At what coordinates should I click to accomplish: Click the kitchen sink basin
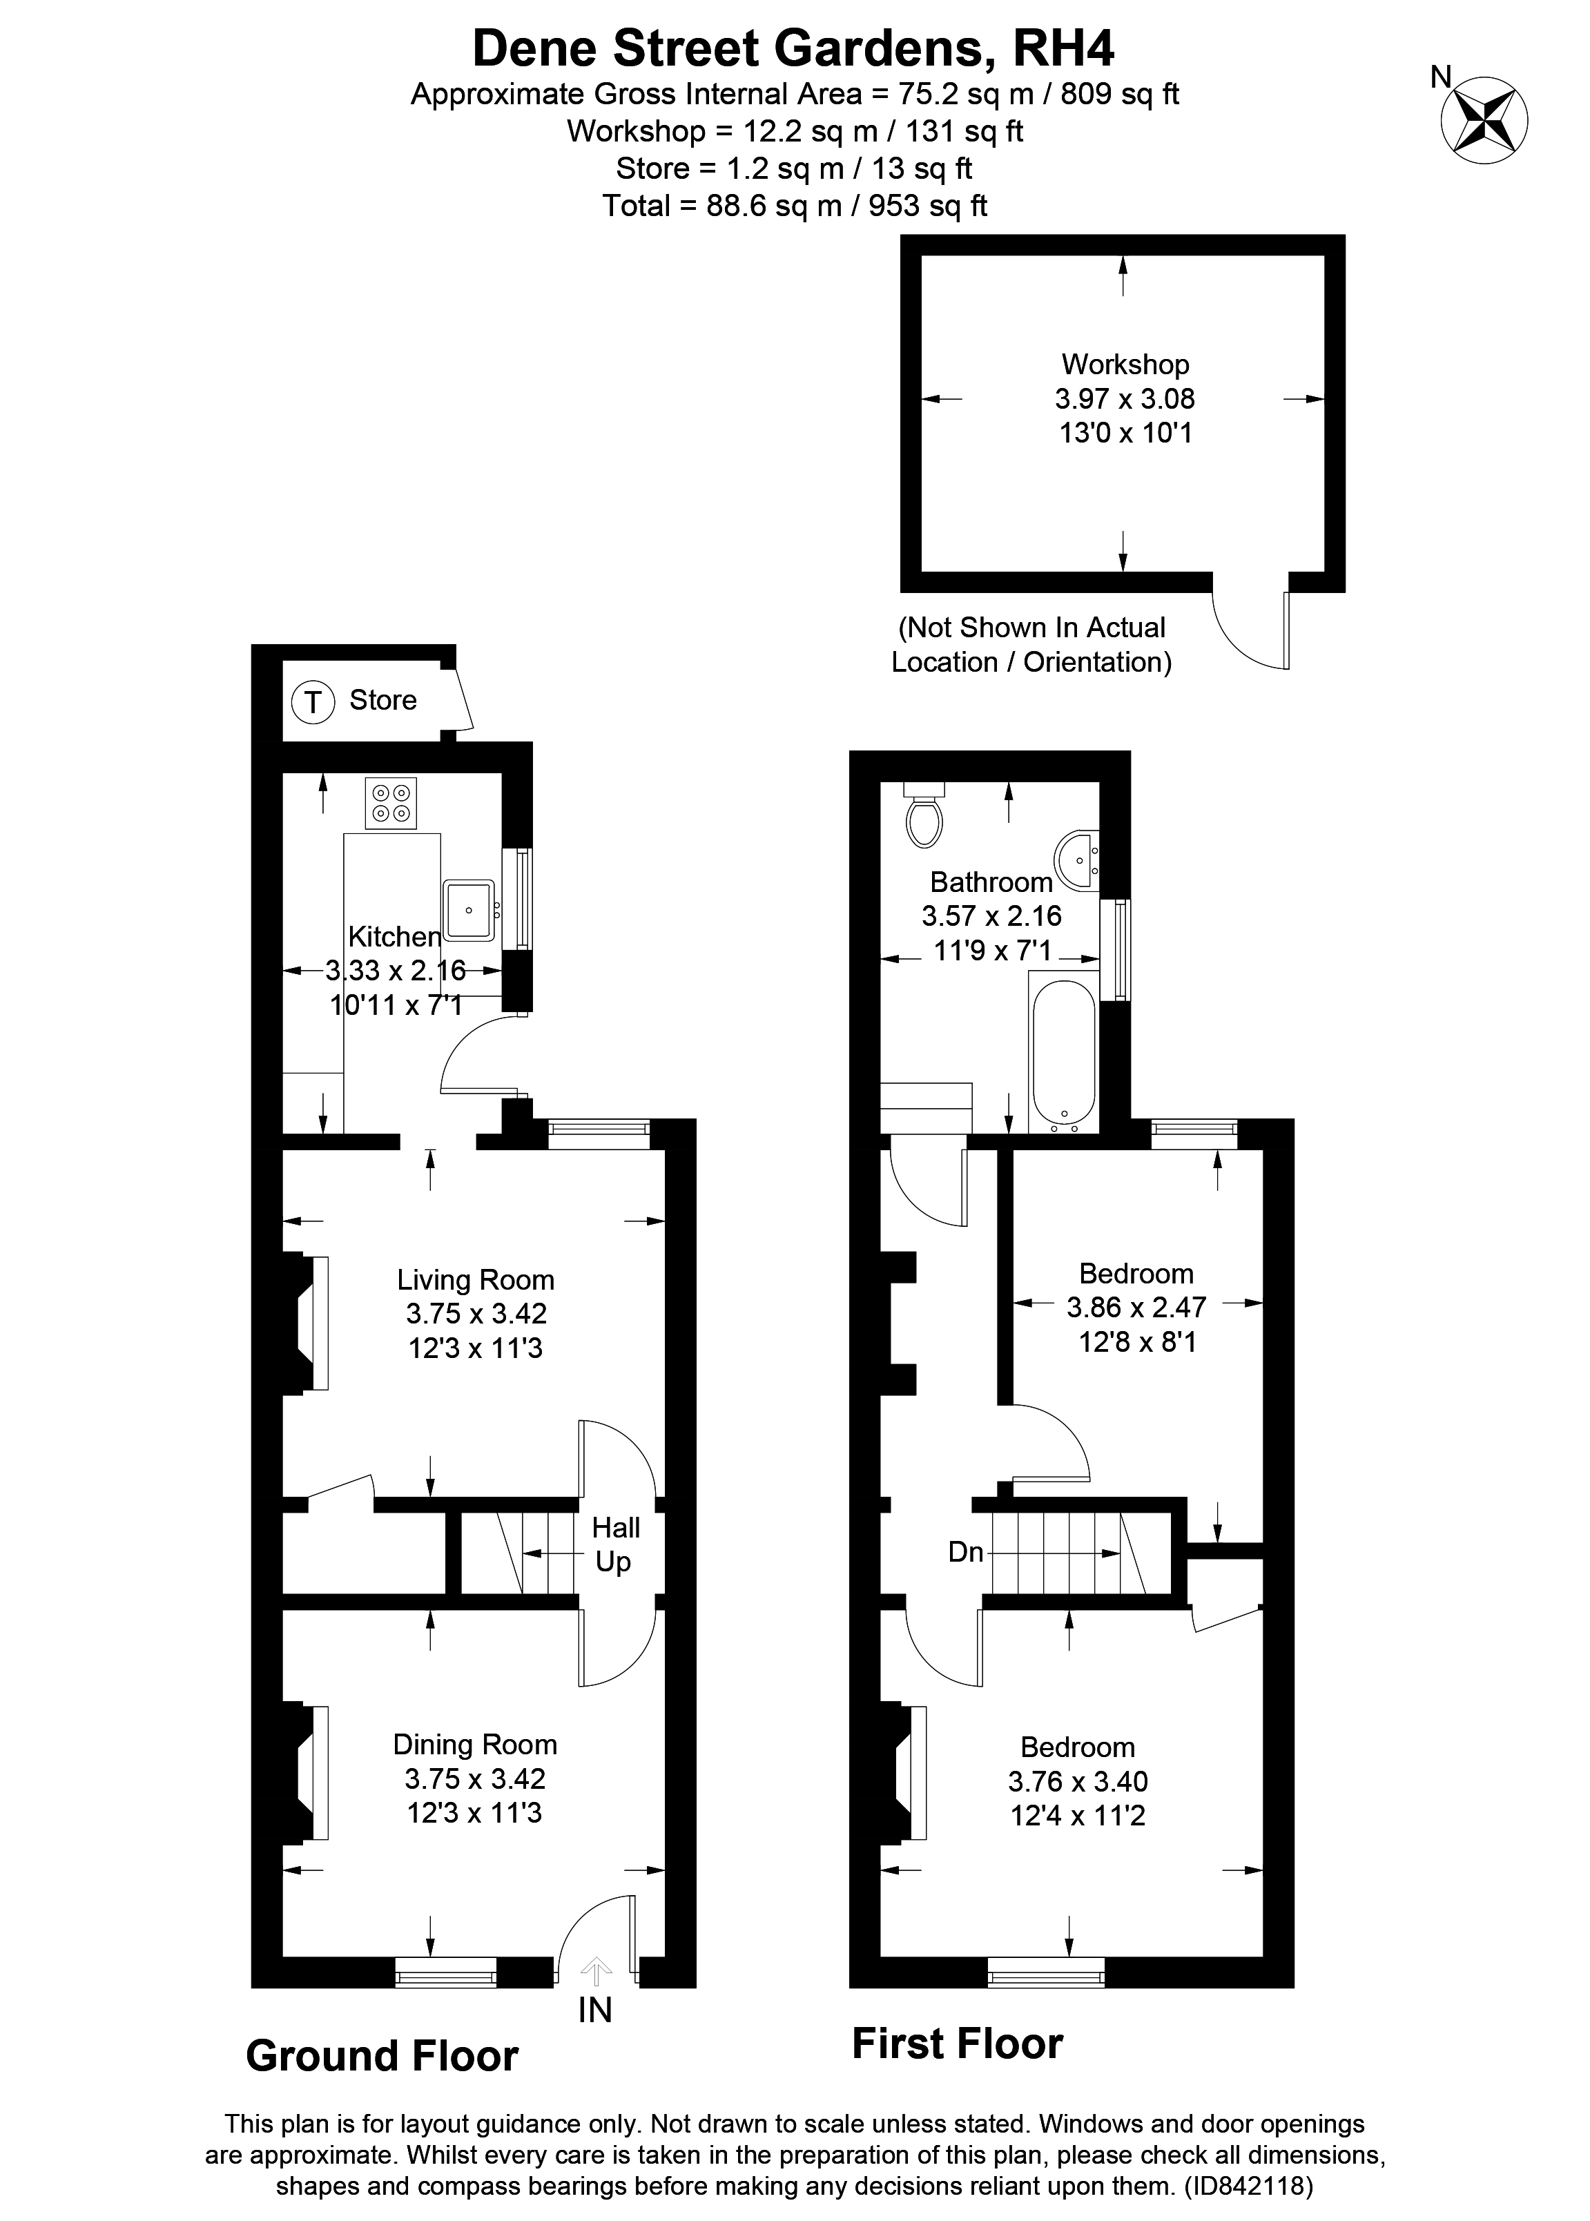(469, 909)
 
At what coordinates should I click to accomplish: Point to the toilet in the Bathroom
(924, 815)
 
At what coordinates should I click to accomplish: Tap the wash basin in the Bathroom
(1077, 860)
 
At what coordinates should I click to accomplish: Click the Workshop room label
(1125, 364)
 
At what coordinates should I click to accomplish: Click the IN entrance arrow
(595, 1968)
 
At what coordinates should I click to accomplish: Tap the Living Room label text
(476, 1279)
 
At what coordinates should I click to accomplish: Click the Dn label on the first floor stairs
(965, 1551)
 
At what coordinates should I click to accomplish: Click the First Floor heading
(956, 2044)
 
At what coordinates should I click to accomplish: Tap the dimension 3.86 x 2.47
(1136, 1307)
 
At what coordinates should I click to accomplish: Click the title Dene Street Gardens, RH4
(793, 48)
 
